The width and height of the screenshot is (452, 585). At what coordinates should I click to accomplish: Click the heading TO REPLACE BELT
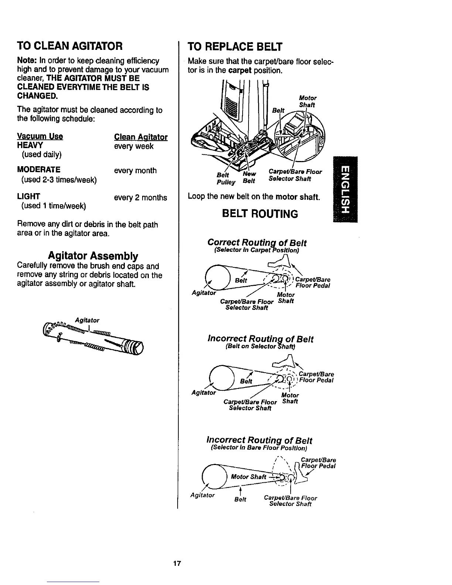click(x=235, y=47)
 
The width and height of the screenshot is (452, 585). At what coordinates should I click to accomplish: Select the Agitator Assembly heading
click(x=93, y=256)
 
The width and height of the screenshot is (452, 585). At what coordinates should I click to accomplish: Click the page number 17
click(x=177, y=564)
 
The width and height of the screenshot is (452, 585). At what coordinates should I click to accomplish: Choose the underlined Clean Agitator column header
click(x=141, y=137)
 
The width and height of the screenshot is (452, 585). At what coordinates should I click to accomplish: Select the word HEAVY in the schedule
click(x=30, y=145)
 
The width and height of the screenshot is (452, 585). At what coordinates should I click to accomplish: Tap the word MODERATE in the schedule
click(x=39, y=170)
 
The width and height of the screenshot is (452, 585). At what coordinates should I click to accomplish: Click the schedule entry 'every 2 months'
click(x=140, y=198)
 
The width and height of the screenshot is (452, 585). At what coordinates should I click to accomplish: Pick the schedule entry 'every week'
click(x=134, y=146)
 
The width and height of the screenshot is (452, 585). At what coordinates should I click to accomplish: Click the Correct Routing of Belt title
click(x=257, y=243)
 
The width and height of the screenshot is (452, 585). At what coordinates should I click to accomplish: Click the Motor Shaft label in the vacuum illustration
click(x=307, y=101)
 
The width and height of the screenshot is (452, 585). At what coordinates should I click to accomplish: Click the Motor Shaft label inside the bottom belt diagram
click(x=248, y=476)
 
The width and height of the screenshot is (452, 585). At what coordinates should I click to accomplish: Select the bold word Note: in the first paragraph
click(x=27, y=61)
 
